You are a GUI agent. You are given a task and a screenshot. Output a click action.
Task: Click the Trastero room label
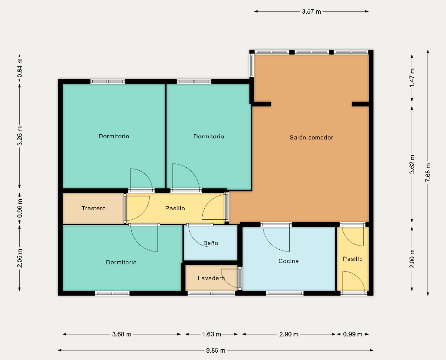(x=93, y=209)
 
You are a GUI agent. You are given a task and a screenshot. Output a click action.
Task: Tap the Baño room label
(x=211, y=243)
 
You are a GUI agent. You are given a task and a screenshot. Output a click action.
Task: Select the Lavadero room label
(x=211, y=278)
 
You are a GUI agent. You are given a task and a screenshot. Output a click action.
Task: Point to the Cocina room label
(x=288, y=261)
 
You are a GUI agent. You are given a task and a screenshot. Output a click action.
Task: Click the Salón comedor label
(x=312, y=138)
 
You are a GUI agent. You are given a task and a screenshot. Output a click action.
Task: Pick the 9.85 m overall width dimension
(x=215, y=350)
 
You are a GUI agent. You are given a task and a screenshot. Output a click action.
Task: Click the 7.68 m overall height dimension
(x=428, y=172)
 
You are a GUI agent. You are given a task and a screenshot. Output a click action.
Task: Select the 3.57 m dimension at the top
(x=312, y=12)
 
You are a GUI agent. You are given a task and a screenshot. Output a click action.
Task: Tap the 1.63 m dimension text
(x=212, y=334)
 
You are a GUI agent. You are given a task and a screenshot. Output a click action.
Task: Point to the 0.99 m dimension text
(x=353, y=334)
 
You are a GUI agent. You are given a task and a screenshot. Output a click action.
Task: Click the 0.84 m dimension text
(x=20, y=68)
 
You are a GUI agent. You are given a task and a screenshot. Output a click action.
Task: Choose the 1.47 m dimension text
(x=412, y=78)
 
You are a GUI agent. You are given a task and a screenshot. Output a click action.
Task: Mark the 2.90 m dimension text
(x=289, y=334)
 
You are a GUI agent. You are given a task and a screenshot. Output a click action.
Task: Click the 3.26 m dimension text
(x=20, y=136)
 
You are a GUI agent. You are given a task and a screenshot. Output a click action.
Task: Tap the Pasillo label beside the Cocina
(x=353, y=259)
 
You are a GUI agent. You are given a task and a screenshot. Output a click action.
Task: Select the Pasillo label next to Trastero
(x=175, y=209)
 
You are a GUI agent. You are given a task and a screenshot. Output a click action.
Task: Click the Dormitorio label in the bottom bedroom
(x=121, y=263)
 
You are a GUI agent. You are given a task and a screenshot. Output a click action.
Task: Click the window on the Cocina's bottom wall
(x=285, y=293)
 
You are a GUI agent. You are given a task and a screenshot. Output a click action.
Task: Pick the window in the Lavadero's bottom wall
(x=211, y=293)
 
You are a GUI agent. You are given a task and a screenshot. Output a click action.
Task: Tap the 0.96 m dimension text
(x=20, y=208)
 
